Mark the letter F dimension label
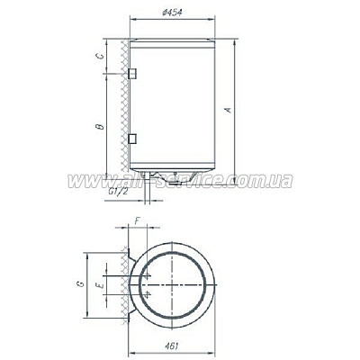click(x=137, y=219)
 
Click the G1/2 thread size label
click(x=116, y=191)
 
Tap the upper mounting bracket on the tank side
click(x=132, y=72)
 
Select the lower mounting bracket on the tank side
click(x=132, y=139)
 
